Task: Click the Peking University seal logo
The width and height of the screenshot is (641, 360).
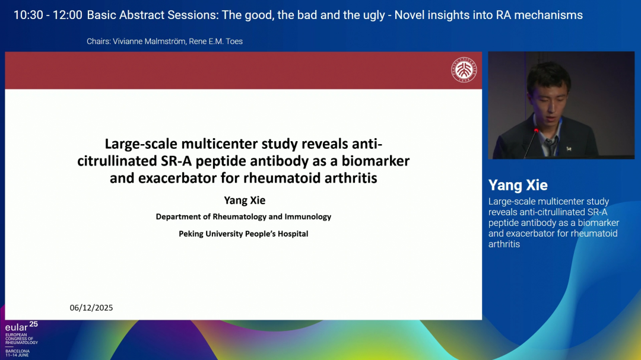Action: point(464,69)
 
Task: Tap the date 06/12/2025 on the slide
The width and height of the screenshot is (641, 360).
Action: point(91,308)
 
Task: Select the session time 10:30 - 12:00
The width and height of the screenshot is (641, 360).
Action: point(48,15)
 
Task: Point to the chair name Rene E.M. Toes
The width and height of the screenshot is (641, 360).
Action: point(216,42)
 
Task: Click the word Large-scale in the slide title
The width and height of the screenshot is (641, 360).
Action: point(141,144)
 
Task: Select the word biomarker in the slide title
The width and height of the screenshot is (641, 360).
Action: point(376,161)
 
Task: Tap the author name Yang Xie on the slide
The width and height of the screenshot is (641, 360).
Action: point(245,200)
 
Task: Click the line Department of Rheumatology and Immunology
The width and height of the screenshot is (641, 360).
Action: point(243,217)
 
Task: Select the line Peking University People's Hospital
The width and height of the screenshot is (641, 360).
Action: point(243,234)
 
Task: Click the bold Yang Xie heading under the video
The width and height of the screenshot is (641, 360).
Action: point(518,185)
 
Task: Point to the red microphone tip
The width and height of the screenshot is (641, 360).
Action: point(536,130)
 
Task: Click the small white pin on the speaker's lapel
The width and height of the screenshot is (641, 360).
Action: point(569,149)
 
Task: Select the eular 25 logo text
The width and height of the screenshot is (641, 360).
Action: point(21,327)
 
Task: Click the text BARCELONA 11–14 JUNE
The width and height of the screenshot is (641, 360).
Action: point(17,353)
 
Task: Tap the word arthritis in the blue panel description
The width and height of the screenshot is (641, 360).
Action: point(504,244)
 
